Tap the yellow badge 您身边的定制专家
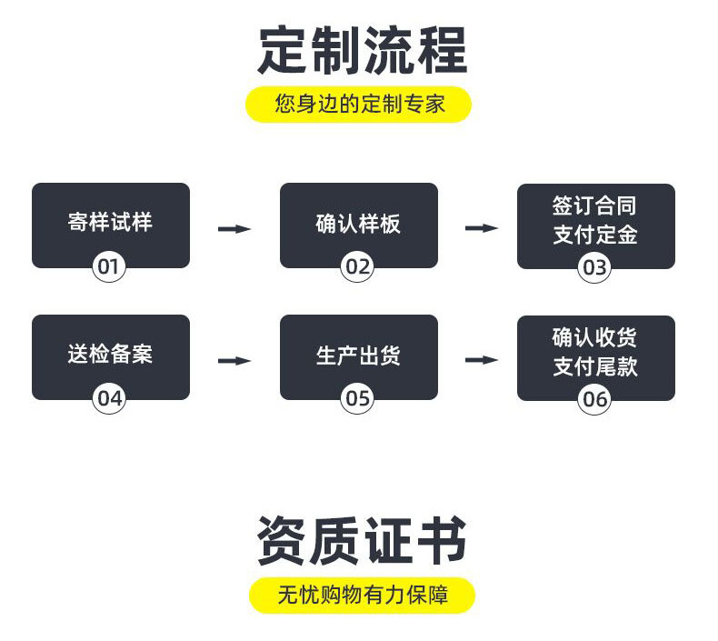click(359, 104)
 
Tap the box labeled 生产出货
click(358, 354)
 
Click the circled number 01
click(109, 267)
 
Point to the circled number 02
click(357, 267)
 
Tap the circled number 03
click(594, 268)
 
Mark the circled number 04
click(109, 398)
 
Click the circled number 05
click(357, 398)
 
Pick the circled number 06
click(594, 399)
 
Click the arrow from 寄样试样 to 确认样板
click(234, 228)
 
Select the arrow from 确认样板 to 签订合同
click(482, 228)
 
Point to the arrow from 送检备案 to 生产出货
click(234, 361)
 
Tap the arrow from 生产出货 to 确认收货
click(482, 361)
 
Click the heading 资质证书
click(362, 541)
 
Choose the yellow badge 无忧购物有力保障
click(362, 596)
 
